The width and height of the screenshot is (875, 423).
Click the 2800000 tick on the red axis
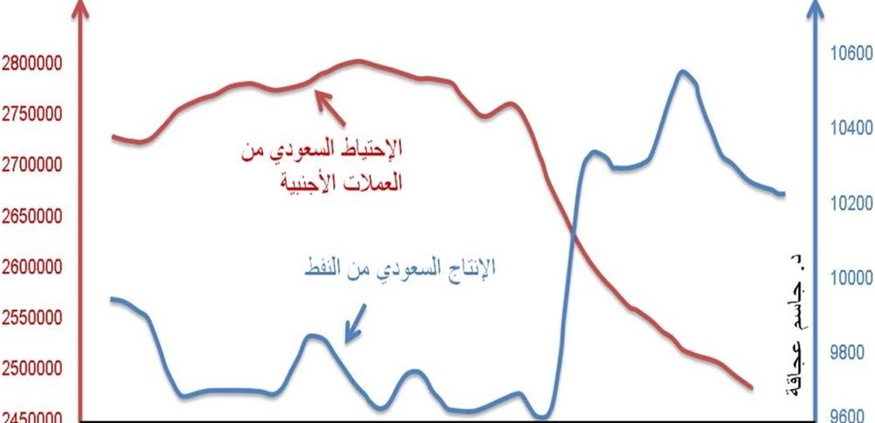tap(31, 63)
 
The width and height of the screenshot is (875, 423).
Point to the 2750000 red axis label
tap(31, 114)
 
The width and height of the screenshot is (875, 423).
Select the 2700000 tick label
tap(31, 166)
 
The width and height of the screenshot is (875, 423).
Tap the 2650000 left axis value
tap(31, 217)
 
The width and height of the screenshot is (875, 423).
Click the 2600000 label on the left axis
tap(31, 268)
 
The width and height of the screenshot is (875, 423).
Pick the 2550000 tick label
tap(31, 319)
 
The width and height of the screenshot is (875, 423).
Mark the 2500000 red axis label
tap(31, 370)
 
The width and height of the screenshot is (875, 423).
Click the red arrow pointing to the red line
tap(331, 109)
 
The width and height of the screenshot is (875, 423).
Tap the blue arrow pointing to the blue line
tap(356, 324)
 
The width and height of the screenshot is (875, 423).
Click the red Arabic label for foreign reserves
tap(321, 166)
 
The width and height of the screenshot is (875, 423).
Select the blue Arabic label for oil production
tap(400, 269)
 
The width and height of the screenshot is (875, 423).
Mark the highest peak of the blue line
tap(682, 72)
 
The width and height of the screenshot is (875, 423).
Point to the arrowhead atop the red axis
tap(81, 6)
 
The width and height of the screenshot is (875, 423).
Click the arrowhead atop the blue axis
tap(815, 6)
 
